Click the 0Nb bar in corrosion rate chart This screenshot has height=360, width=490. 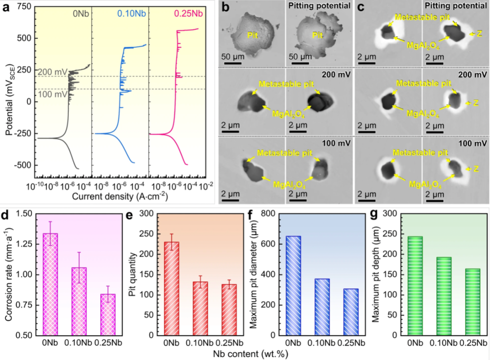(50, 284)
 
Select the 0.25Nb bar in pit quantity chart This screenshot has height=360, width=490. (229, 310)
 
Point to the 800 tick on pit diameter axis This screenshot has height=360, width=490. (268, 213)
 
